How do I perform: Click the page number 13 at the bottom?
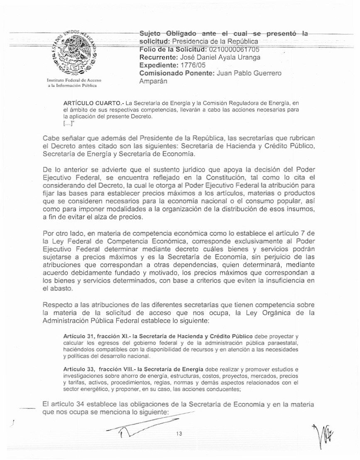point(179,433)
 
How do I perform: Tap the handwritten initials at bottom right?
point(325,436)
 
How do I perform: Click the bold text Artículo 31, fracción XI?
point(93,335)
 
